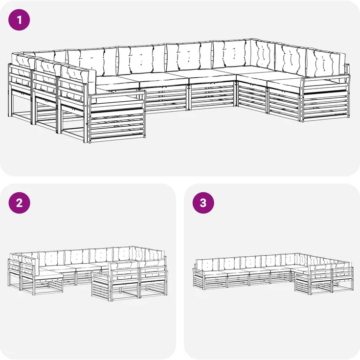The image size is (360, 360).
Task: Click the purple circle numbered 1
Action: click(x=19, y=20)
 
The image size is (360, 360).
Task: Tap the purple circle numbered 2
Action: click(x=19, y=203)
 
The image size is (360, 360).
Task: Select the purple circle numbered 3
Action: click(x=203, y=203)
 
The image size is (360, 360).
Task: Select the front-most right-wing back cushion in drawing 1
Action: click(x=326, y=62)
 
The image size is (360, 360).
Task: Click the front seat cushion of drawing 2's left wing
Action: click(x=50, y=275)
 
